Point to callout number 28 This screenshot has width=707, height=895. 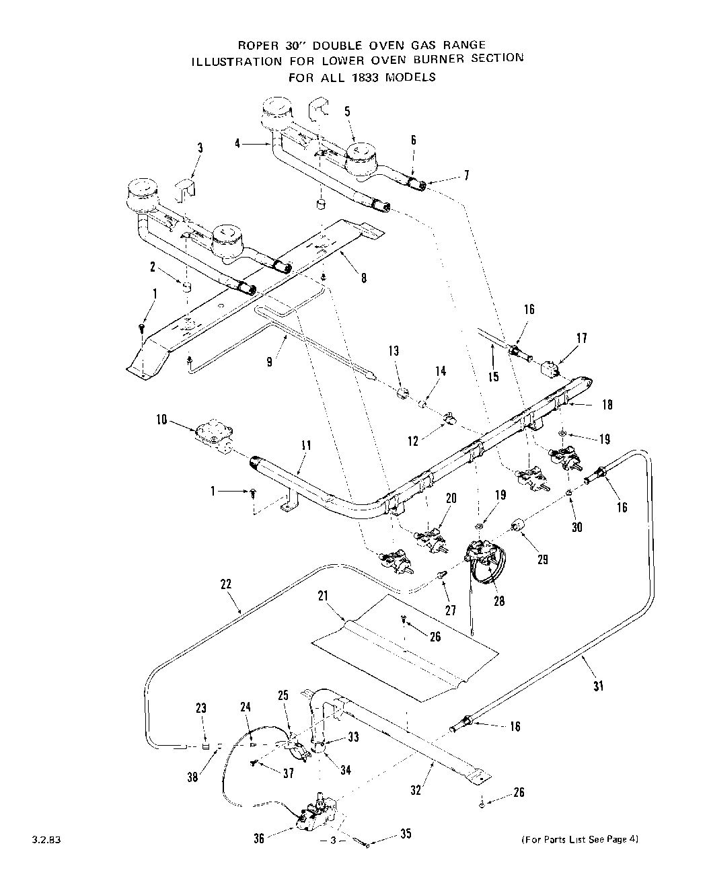click(x=498, y=601)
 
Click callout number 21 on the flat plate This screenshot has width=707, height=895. click(x=323, y=596)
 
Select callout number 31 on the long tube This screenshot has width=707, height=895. click(x=598, y=686)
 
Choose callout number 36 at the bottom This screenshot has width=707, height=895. click(x=259, y=838)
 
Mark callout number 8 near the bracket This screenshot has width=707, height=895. click(x=363, y=276)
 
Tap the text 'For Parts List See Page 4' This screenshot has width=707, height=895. click(x=579, y=839)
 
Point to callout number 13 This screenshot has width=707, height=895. click(x=394, y=350)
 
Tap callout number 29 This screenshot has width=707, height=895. click(x=542, y=558)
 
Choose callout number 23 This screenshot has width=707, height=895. click(x=202, y=707)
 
